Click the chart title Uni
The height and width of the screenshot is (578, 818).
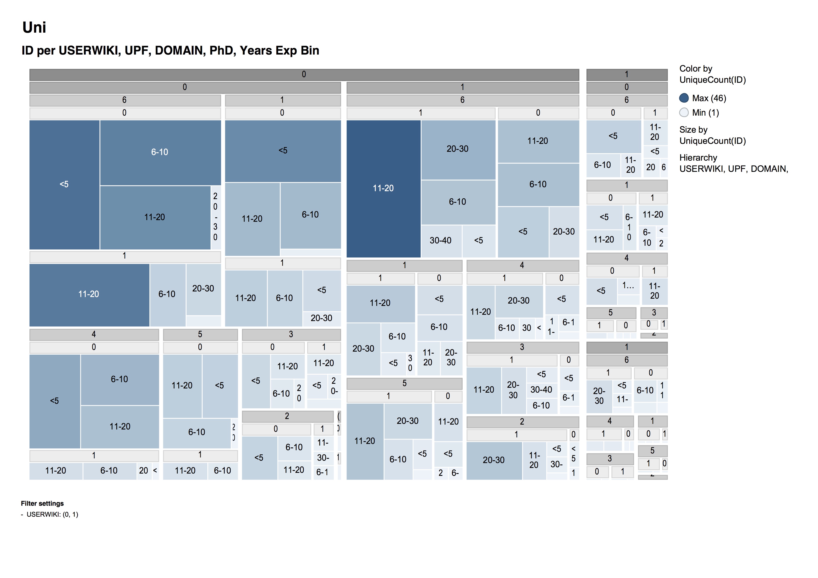click(x=34, y=28)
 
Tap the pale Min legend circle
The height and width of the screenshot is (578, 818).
click(x=684, y=113)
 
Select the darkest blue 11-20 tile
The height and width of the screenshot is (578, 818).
click(x=383, y=188)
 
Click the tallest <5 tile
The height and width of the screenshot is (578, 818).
click(x=64, y=184)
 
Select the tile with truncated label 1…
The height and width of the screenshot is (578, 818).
click(x=628, y=286)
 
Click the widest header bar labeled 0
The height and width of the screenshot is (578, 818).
click(x=304, y=74)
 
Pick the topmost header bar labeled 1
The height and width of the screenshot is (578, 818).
click(x=627, y=74)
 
